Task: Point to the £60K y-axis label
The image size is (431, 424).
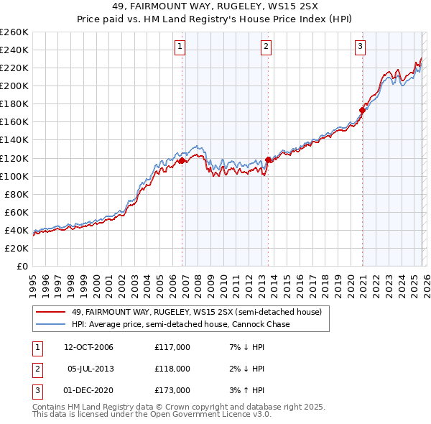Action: tap(16, 212)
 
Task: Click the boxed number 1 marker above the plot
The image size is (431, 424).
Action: tap(180, 47)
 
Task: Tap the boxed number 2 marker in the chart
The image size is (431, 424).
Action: tap(266, 47)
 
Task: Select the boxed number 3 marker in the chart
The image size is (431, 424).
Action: tap(360, 47)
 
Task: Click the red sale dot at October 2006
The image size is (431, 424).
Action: tap(182, 161)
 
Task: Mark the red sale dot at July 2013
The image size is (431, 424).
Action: tap(268, 160)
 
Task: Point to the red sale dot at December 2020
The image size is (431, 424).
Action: tap(362, 110)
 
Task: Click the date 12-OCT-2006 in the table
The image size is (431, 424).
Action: tap(88, 347)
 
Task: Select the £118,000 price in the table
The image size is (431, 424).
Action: tap(172, 369)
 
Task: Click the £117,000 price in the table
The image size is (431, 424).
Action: tap(172, 347)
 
